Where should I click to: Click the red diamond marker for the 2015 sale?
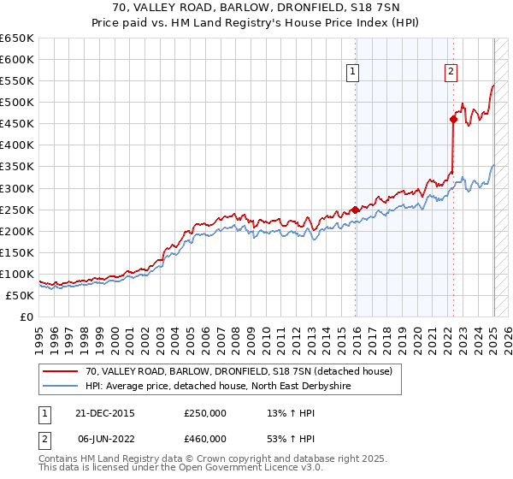355,210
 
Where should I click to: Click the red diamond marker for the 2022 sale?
453,119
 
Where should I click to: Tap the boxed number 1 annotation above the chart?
353,73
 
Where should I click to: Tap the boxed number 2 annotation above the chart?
451,73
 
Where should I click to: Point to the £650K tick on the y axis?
17,38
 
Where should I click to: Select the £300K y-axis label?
17,188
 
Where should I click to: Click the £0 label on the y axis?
27,316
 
